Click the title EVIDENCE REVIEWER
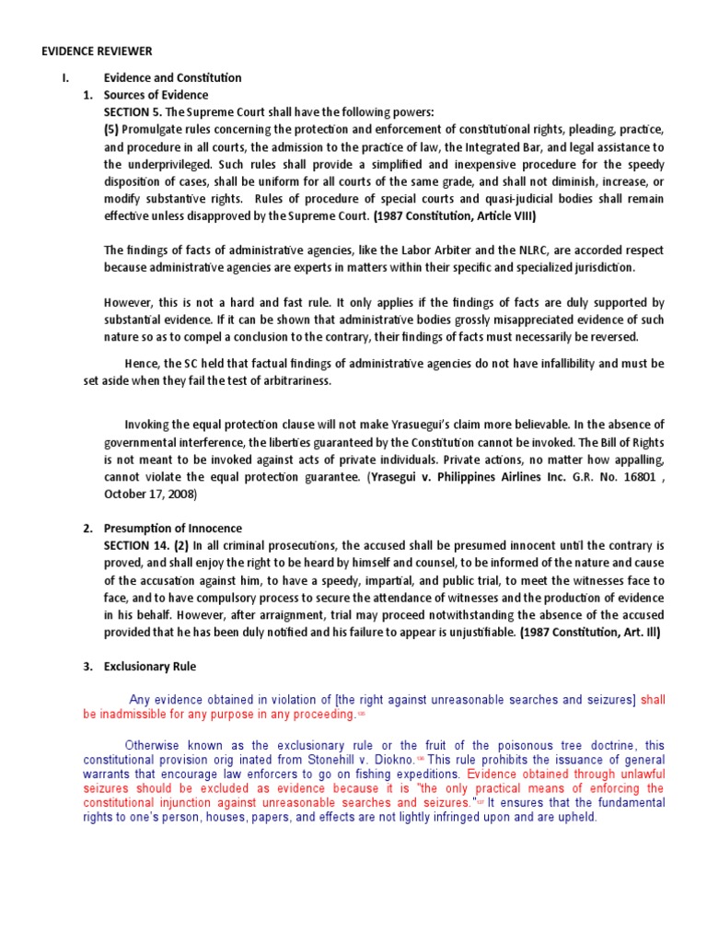point(97,52)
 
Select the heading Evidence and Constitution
point(172,78)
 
